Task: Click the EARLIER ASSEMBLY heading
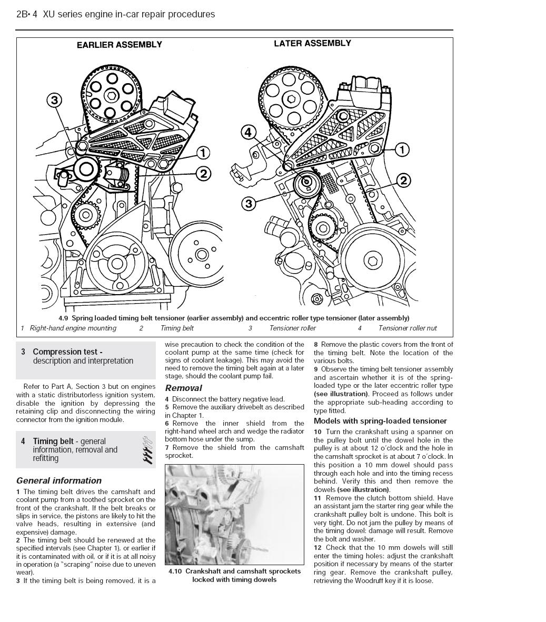pyautogui.click(x=120, y=45)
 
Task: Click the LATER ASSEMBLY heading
pyautogui.click(x=312, y=43)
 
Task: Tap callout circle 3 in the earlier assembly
pyautogui.click(x=55, y=100)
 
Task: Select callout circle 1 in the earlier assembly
pyautogui.click(x=203, y=153)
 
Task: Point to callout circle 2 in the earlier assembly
pyautogui.click(x=203, y=174)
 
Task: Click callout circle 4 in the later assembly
pyautogui.click(x=249, y=132)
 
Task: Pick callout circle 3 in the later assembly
pyautogui.click(x=249, y=203)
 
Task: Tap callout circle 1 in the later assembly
pyautogui.click(x=402, y=150)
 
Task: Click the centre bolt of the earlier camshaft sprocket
pyautogui.click(x=112, y=95)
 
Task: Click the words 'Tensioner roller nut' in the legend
pyautogui.click(x=408, y=328)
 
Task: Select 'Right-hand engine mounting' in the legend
pyautogui.click(x=73, y=328)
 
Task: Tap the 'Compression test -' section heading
pyautogui.click(x=67, y=352)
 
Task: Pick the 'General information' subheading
pyautogui.click(x=59, y=480)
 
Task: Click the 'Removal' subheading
pyautogui.click(x=184, y=388)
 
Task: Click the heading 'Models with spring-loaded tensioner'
pyautogui.click(x=380, y=421)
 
